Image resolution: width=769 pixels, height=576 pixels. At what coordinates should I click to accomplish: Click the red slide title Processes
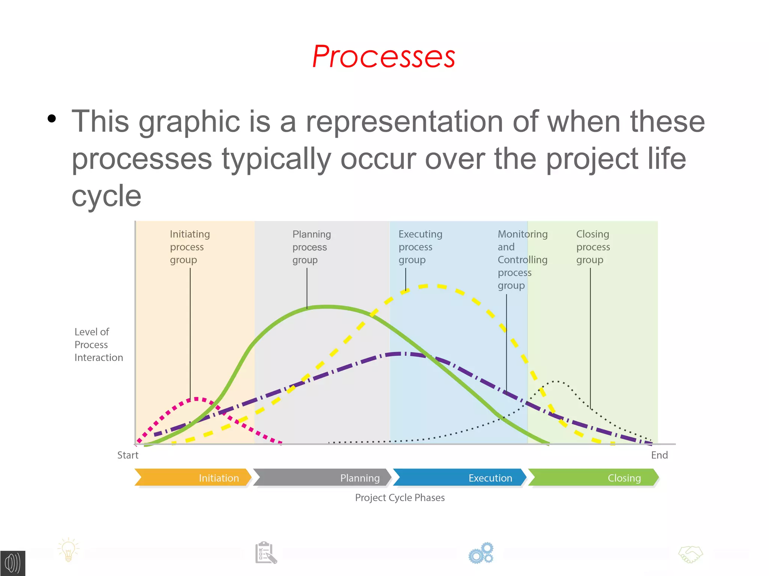click(x=384, y=57)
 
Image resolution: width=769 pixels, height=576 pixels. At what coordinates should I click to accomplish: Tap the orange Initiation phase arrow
click(x=193, y=477)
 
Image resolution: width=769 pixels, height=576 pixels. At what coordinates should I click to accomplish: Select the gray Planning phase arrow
click(x=322, y=477)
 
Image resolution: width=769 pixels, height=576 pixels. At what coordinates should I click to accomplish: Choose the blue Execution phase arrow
click(x=460, y=477)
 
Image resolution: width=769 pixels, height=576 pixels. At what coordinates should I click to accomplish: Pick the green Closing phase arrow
click(x=593, y=477)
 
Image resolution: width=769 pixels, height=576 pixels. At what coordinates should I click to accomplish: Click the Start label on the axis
click(x=128, y=455)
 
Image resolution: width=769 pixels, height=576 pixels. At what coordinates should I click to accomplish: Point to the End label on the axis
click(x=659, y=455)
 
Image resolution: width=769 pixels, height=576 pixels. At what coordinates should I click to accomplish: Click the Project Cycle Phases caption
click(x=400, y=498)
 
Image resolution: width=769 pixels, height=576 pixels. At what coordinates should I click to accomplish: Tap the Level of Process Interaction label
click(x=99, y=344)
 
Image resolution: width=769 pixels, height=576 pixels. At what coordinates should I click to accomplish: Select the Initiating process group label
click(x=190, y=247)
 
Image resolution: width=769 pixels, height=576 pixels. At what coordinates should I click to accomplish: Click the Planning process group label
click(x=312, y=247)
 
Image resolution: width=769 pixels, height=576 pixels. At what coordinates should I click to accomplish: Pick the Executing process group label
click(x=421, y=247)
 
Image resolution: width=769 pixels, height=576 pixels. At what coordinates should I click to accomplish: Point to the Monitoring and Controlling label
click(x=523, y=260)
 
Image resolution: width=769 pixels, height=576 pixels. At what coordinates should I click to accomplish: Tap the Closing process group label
click(x=593, y=247)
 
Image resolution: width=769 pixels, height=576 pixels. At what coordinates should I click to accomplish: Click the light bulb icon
click(x=68, y=550)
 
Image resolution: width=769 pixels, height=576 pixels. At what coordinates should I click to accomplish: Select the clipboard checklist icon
click(x=266, y=552)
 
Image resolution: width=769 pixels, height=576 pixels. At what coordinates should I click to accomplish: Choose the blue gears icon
click(x=481, y=553)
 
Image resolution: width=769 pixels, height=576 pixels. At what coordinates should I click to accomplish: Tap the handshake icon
click(x=691, y=554)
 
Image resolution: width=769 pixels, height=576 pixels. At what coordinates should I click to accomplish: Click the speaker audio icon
click(x=12, y=563)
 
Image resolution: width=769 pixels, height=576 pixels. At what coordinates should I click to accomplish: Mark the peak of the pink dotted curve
click(x=196, y=399)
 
